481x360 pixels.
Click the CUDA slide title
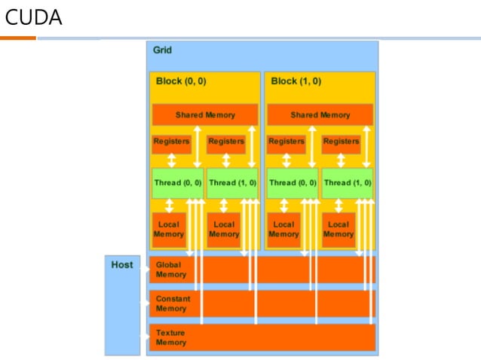point(34,17)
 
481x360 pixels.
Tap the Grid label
point(162,50)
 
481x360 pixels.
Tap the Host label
point(122,264)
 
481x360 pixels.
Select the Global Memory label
point(171,270)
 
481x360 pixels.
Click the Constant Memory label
point(173,304)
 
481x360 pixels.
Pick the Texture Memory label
point(171,337)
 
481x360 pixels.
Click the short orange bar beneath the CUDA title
point(18,38)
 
